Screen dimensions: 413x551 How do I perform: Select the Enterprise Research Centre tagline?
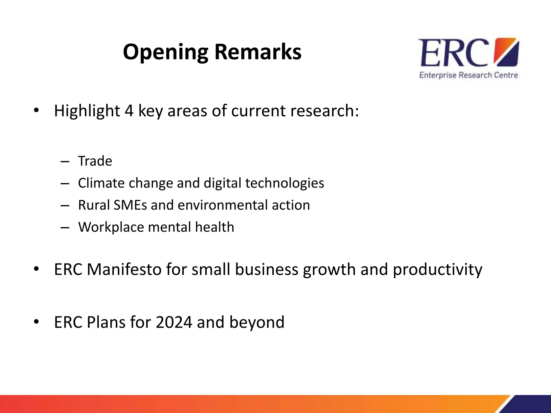(x=468, y=75)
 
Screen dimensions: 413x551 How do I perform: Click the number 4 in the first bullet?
(x=129, y=111)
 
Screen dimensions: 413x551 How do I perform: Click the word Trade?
(x=95, y=161)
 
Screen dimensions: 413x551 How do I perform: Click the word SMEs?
(x=130, y=205)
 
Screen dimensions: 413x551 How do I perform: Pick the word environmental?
(x=222, y=205)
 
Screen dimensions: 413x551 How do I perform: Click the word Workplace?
(x=111, y=227)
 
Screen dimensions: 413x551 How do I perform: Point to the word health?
(x=214, y=227)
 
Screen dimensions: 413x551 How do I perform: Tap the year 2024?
(x=174, y=322)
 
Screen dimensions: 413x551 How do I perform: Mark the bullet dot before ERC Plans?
(x=37, y=322)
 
